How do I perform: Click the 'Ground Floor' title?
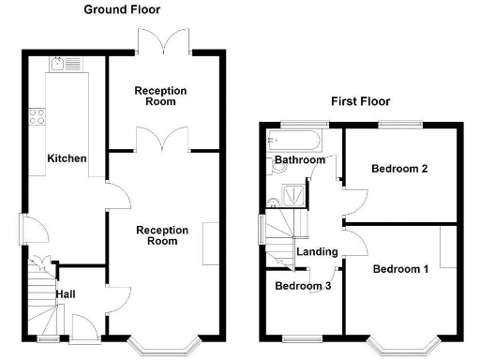pos(122,9)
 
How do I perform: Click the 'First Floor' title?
pos(361,101)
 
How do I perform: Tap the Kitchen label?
pos(67,158)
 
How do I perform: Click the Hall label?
pos(66,294)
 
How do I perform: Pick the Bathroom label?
pos(299,160)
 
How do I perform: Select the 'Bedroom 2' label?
pos(399,169)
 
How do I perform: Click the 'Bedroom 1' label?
pos(400,269)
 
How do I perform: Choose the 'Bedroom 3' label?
pos(302,286)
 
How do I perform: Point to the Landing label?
pos(317,251)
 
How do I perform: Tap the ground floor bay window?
pos(163,344)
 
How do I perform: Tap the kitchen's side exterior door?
pos(28,227)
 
